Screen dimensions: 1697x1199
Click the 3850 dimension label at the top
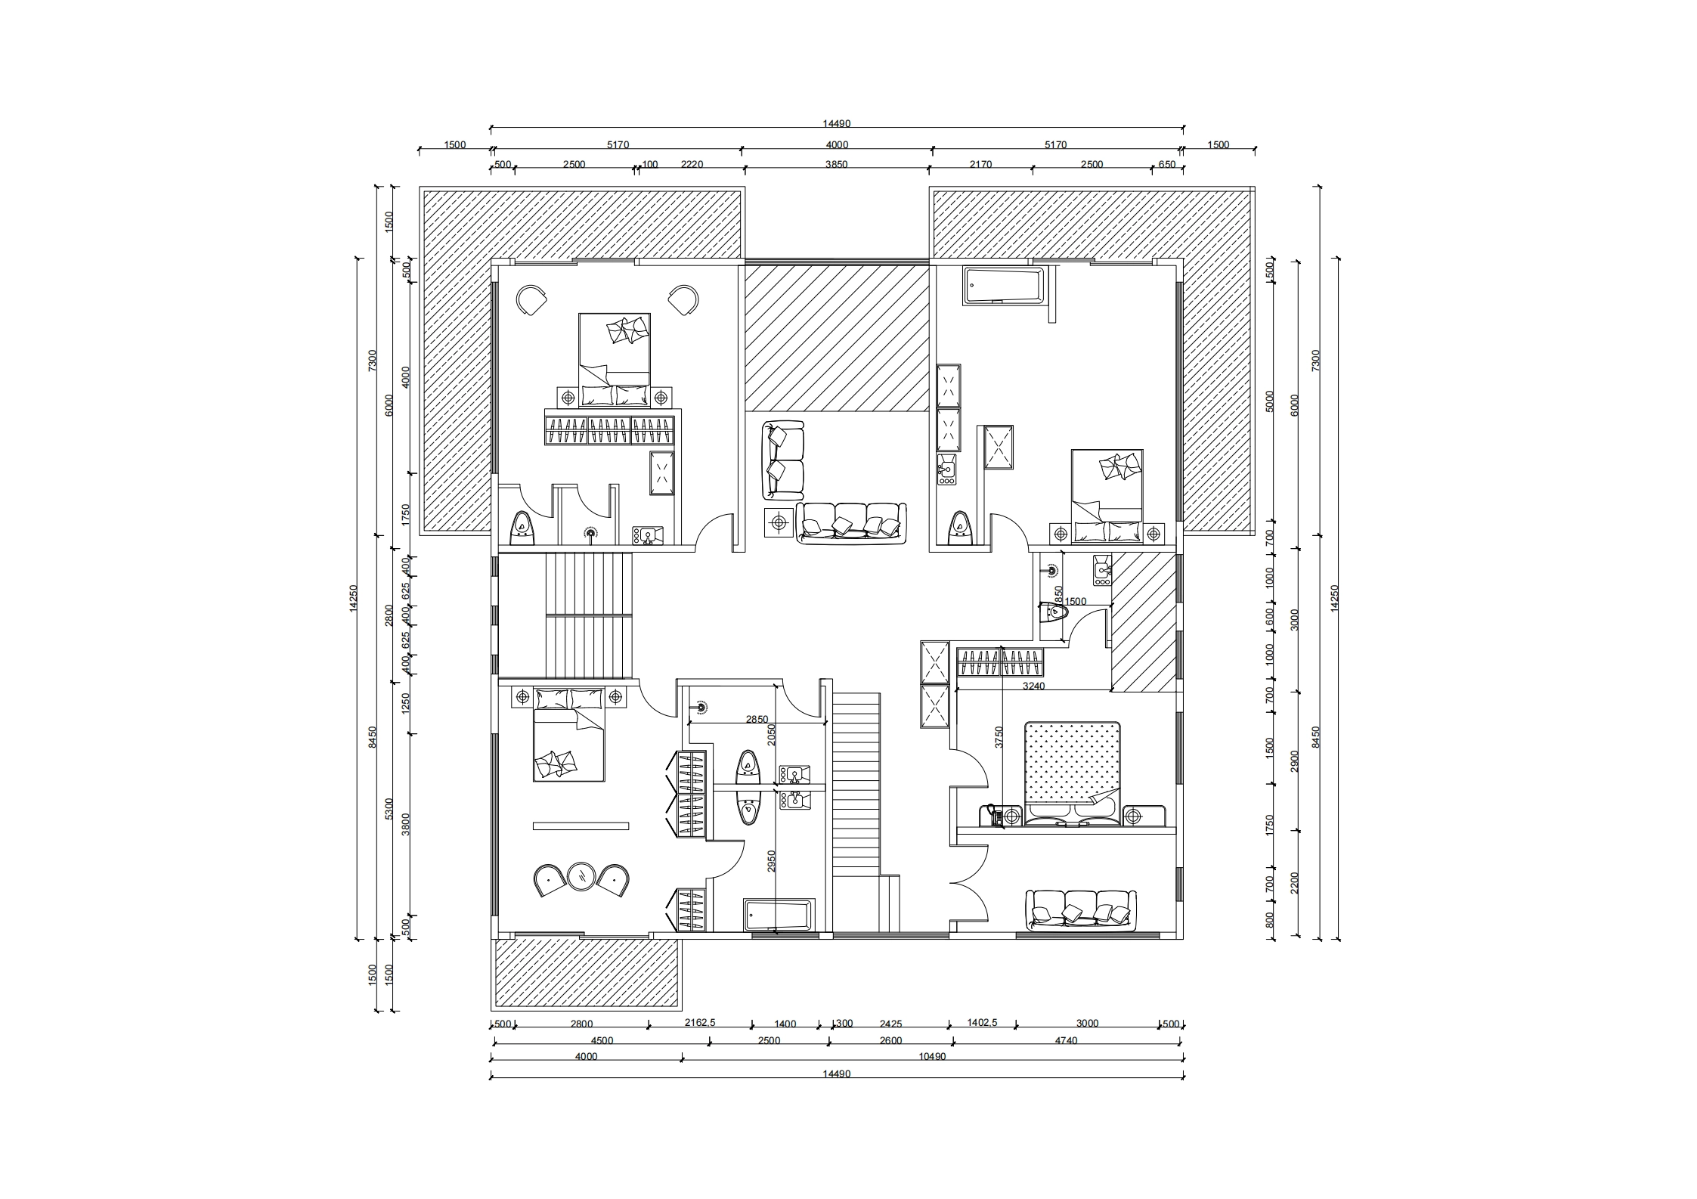pos(837,164)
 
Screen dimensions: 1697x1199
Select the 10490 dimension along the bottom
pos(932,1057)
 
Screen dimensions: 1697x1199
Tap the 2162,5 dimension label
pos(700,1024)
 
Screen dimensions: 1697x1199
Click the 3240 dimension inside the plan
pos(1033,686)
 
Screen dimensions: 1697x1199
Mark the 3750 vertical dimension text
pos(999,737)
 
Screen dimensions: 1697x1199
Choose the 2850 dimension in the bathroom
pos(757,720)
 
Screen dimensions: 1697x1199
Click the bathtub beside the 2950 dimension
pos(778,915)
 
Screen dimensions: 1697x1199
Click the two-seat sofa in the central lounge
pos(782,460)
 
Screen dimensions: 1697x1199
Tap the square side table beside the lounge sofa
pos(778,522)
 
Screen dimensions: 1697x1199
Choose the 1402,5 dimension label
pos(983,1024)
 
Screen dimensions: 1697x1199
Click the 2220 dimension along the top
pos(692,164)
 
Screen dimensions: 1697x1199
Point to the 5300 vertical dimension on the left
pos(389,808)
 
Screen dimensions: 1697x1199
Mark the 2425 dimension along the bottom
pos(890,1024)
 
